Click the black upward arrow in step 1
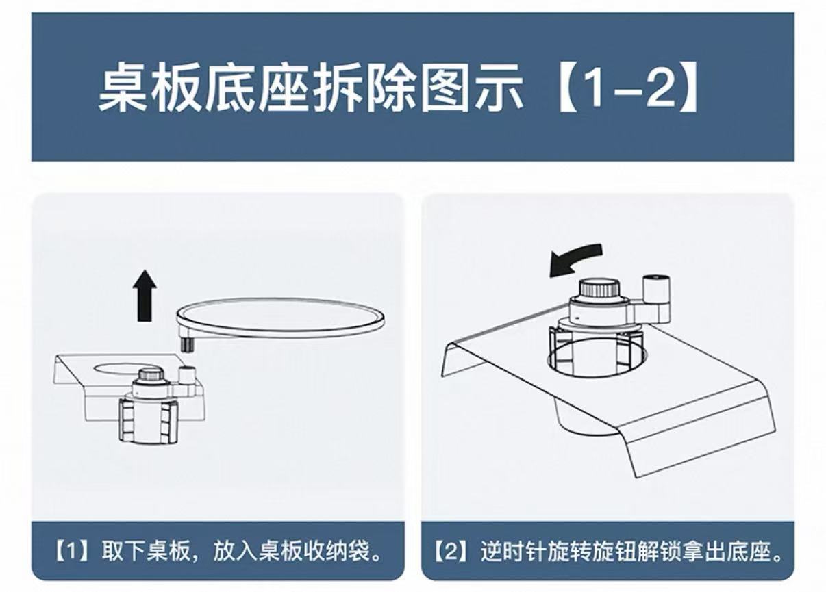145,295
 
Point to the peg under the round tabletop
186,344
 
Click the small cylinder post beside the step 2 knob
655,291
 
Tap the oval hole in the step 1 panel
123,367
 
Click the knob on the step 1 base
151,377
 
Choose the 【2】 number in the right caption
451,552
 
